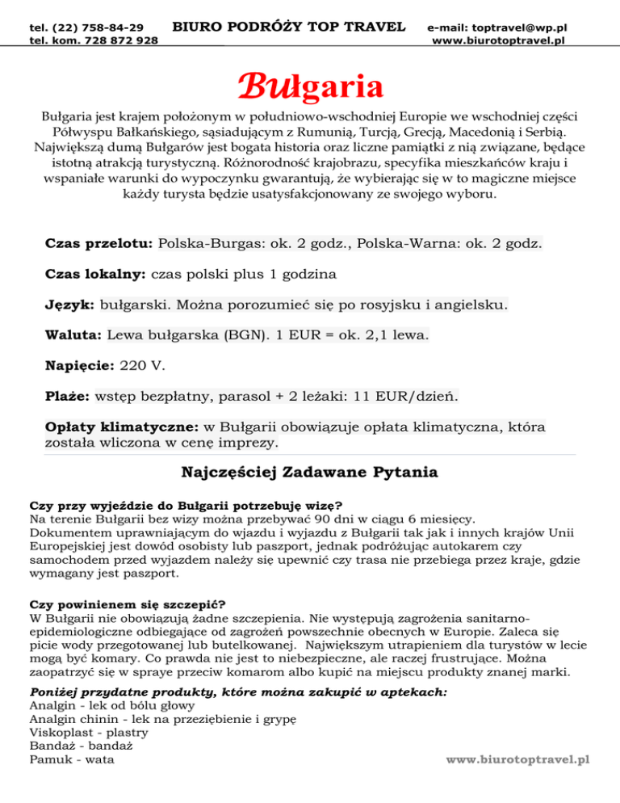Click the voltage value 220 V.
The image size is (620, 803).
point(143,366)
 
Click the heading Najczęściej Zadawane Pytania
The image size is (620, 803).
point(309,471)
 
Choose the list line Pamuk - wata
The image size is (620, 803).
point(71,759)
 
